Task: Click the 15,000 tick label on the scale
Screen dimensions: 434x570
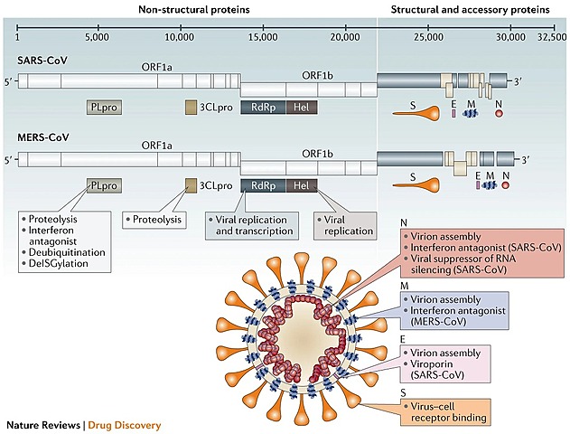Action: coord(262,38)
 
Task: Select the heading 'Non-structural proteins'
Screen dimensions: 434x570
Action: coord(195,10)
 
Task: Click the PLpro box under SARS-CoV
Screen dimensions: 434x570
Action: coord(105,108)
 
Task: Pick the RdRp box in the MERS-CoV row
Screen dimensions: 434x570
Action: coord(263,185)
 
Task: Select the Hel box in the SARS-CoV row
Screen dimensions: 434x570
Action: coord(302,108)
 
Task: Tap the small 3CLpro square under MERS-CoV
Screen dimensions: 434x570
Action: coord(191,185)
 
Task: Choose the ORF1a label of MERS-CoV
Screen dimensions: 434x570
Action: coord(156,145)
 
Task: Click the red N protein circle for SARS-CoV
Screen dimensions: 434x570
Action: coord(499,114)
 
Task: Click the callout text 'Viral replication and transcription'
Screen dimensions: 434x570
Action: coord(256,224)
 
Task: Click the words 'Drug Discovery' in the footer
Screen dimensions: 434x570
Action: coord(124,424)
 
